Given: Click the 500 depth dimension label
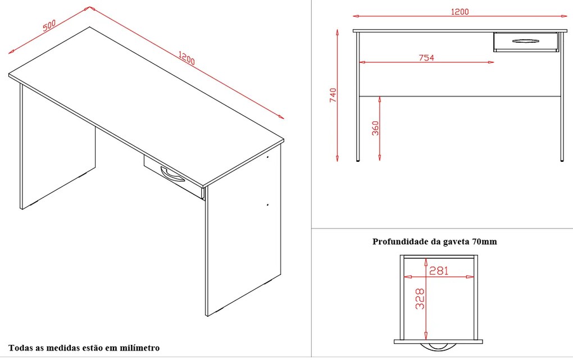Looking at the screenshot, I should [48, 27].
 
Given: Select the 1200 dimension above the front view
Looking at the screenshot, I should [459, 11].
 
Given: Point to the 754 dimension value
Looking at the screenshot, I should [426, 57].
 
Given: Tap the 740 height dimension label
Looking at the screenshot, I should [333, 95].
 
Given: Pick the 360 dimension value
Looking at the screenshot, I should [375, 129].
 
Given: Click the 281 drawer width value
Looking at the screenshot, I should [439, 271].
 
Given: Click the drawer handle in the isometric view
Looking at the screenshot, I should [172, 174].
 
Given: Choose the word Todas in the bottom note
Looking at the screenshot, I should [20, 348].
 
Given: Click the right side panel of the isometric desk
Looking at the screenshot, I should [242, 236].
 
